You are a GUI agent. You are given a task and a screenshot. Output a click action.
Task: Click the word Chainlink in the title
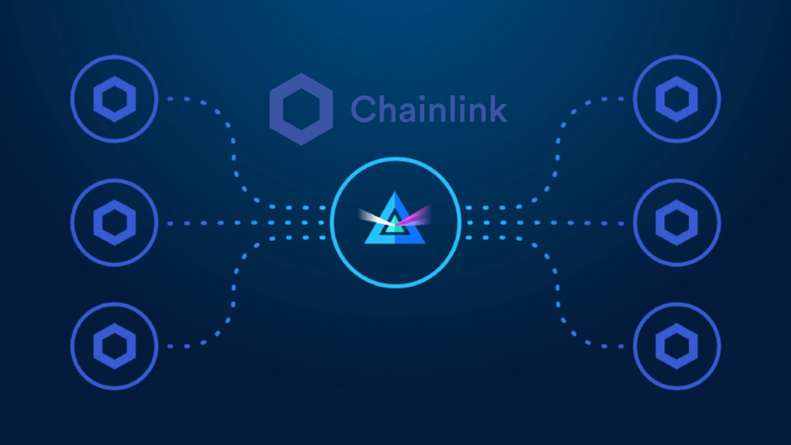pyautogui.click(x=429, y=109)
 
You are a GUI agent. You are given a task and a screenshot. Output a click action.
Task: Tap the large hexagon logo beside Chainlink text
pyautogui.click(x=301, y=109)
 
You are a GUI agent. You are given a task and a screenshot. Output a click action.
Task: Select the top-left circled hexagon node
pyautogui.click(x=115, y=99)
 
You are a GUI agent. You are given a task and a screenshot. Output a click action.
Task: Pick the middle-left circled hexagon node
pyautogui.click(x=115, y=222)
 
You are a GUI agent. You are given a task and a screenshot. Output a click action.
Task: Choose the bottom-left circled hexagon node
pyautogui.click(x=115, y=346)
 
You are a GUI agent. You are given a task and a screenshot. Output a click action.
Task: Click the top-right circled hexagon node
pyautogui.click(x=676, y=99)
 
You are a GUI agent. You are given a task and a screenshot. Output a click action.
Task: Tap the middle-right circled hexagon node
pyautogui.click(x=676, y=222)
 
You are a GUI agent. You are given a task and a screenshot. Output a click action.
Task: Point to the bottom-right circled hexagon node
pyautogui.click(x=676, y=346)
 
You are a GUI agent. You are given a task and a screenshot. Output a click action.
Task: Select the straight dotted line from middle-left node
pyautogui.click(x=241, y=222)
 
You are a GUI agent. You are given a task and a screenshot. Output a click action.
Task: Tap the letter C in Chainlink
pyautogui.click(x=364, y=109)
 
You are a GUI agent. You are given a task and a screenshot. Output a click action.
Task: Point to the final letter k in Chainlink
pyautogui.click(x=498, y=108)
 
